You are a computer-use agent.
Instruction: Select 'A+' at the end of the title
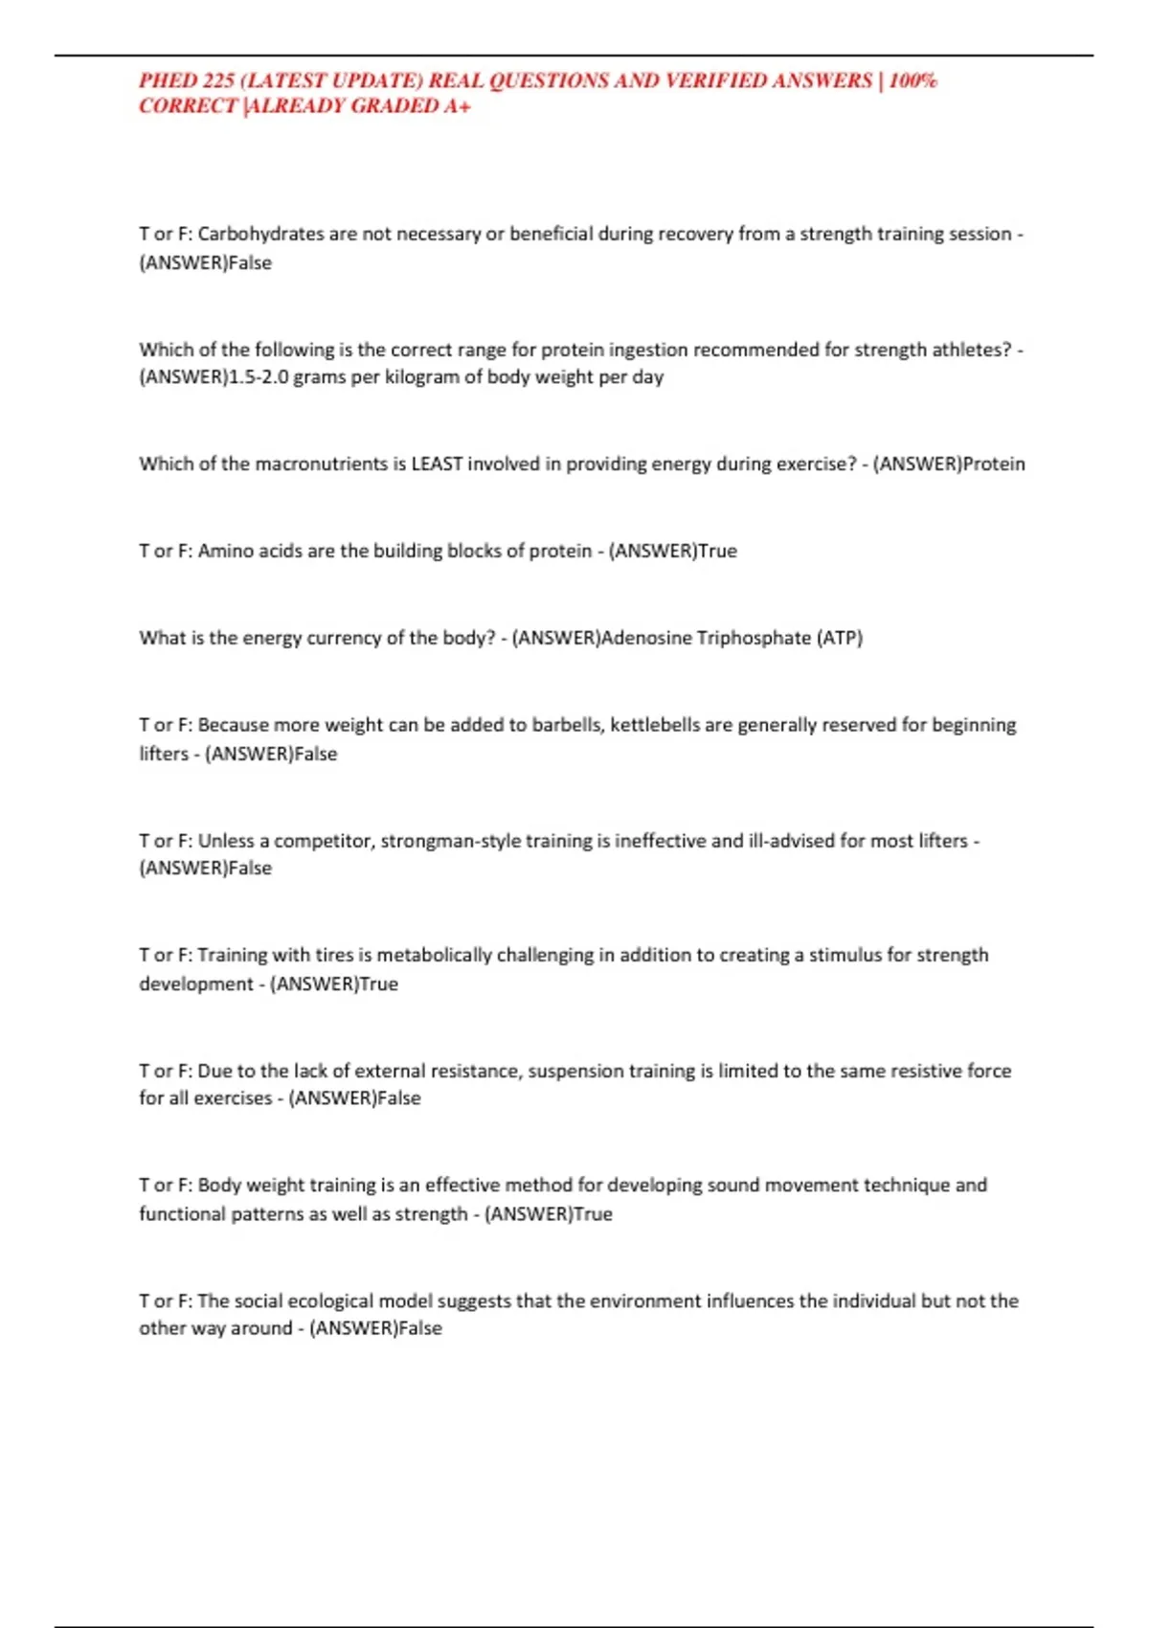click(x=457, y=106)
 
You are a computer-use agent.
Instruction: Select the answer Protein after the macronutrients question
click(x=993, y=464)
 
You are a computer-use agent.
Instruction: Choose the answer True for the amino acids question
click(x=717, y=551)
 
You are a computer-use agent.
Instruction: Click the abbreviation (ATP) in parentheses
click(x=839, y=638)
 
